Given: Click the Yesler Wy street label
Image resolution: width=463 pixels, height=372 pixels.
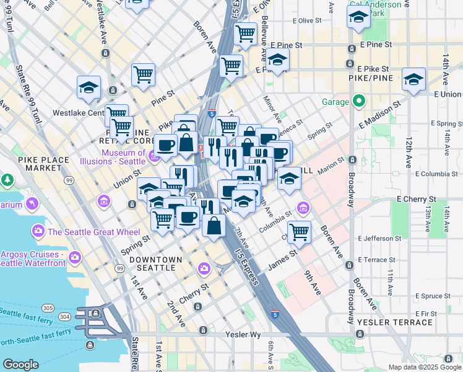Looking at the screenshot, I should [x=235, y=334].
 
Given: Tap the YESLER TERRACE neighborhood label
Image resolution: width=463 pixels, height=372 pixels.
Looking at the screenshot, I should [x=394, y=322].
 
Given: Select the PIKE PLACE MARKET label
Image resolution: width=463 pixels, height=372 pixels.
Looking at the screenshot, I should [x=43, y=164].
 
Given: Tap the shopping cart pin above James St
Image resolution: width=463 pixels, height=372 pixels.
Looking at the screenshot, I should [x=299, y=231].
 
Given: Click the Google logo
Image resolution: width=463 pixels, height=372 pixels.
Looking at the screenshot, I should [x=20, y=365].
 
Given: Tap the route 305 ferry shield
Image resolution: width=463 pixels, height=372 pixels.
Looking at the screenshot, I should [x=47, y=308].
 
